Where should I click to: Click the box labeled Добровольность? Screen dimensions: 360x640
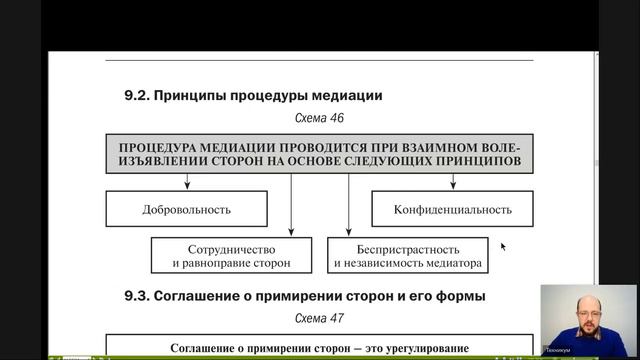click(x=187, y=210)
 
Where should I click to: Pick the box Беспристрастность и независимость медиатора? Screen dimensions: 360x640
click(x=408, y=256)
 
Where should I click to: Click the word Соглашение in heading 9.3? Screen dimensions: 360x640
click(x=210, y=296)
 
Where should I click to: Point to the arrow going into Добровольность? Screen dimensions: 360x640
click(x=187, y=181)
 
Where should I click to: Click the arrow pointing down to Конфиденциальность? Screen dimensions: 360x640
click(x=453, y=181)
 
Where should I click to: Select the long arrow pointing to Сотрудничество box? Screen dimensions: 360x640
click(x=290, y=205)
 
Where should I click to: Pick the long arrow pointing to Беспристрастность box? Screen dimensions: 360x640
click(x=349, y=205)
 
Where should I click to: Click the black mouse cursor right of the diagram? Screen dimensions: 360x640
click(x=503, y=246)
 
